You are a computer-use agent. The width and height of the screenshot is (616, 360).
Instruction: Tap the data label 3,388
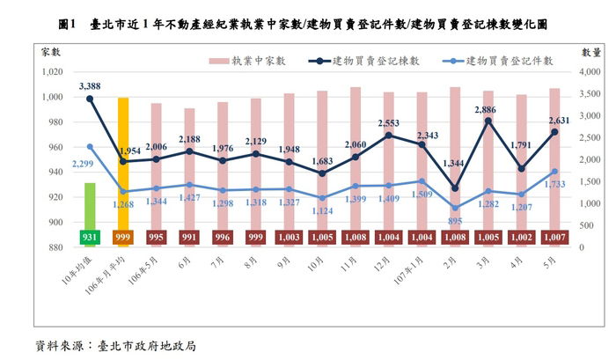tap(90, 85)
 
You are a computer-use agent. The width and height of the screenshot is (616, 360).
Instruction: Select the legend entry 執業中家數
tap(249, 60)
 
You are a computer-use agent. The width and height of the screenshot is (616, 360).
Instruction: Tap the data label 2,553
tap(389, 122)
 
